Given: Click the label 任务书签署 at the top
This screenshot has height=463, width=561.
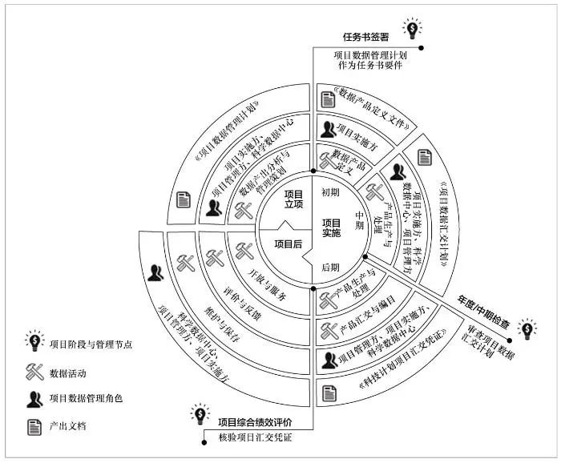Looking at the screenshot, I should (365, 37).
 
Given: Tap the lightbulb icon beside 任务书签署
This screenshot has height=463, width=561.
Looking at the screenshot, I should (412, 30).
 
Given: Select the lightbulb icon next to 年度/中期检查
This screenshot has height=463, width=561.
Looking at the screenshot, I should (527, 328).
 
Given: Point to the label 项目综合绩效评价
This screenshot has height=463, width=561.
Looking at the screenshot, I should (255, 421).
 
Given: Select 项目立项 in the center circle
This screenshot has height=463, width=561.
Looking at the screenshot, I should (294, 199).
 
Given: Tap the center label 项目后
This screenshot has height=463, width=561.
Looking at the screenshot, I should (289, 243).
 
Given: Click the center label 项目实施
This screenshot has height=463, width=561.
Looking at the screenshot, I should (331, 227).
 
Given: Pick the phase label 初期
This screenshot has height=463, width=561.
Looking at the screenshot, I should (331, 192).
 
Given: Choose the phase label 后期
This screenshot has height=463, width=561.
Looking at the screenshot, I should (330, 267).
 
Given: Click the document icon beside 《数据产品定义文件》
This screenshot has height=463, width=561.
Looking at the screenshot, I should (327, 99).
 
